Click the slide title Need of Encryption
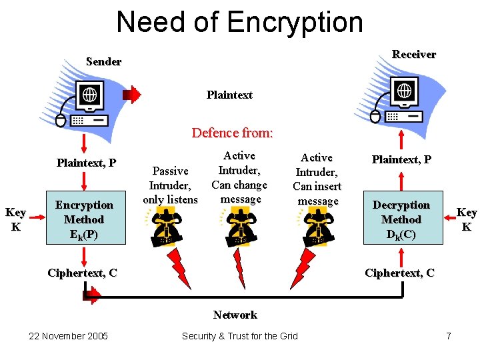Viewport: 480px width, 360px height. tap(239, 22)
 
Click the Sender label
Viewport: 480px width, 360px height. tap(103, 61)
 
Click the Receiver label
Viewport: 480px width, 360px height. tap(413, 54)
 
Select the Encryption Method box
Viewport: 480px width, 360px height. tap(84, 219)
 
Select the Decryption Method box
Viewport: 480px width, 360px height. tap(401, 219)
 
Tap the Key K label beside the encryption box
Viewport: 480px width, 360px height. tap(15, 219)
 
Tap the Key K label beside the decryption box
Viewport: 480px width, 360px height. tap(466, 219)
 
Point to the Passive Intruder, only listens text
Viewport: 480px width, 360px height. tap(170, 185)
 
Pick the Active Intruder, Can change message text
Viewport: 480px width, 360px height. tap(239, 177)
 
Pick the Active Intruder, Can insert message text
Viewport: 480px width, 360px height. tap(317, 179)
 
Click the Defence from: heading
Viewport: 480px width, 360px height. tap(232, 133)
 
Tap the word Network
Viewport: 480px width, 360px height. tap(235, 315)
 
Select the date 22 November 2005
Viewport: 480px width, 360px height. tap(68, 336)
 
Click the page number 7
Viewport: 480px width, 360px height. tap(448, 336)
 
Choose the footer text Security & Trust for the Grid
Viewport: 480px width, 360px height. tap(240, 336)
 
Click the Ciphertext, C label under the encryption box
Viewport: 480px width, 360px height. tap(83, 273)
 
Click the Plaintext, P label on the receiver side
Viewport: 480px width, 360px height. tap(401, 159)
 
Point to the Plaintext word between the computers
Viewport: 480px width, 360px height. tap(229, 95)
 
